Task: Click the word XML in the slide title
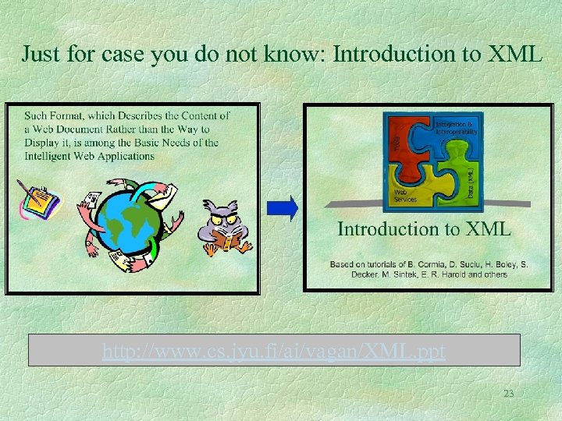[514, 54]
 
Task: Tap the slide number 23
[508, 394]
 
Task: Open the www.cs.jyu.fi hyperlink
[274, 352]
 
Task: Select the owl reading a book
[227, 225]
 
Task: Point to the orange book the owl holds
[228, 241]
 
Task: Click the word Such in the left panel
[37, 115]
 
